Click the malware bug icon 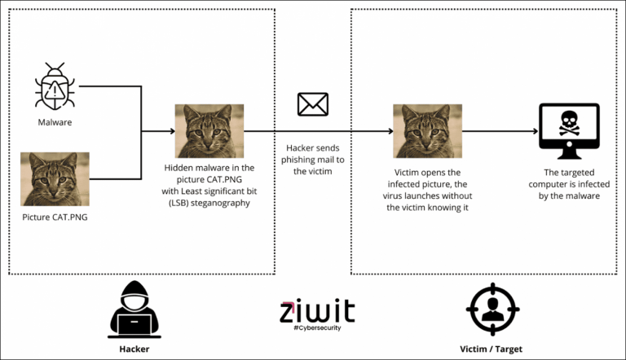click(x=55, y=86)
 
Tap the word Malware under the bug click(x=55, y=122)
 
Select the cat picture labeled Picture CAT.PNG click(x=55, y=179)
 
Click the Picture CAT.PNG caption click(x=55, y=217)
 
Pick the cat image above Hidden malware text click(x=209, y=131)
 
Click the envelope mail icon click(x=313, y=104)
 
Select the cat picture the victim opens click(x=428, y=131)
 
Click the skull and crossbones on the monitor click(x=569, y=123)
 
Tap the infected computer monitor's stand click(x=569, y=153)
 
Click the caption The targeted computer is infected click(x=569, y=184)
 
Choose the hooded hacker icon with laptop click(x=134, y=310)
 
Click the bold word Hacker click(x=134, y=349)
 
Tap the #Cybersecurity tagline click(x=317, y=327)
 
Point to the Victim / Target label click(x=491, y=349)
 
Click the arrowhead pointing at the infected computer click(x=536, y=131)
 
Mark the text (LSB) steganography click(x=209, y=203)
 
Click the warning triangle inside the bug click(x=55, y=91)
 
